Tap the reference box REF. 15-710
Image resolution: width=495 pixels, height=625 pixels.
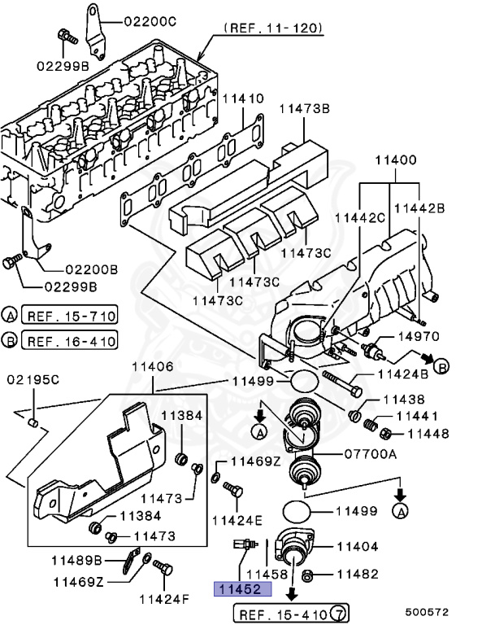tap(70, 316)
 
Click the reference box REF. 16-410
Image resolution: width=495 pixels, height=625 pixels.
tap(70, 340)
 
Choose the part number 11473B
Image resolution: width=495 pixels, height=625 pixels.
tap(305, 107)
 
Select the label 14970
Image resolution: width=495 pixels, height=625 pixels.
tap(418, 336)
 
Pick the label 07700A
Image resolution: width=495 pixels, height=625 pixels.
tap(370, 454)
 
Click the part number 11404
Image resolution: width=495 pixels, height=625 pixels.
tap(358, 546)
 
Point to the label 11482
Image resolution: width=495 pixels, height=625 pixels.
tap(358, 574)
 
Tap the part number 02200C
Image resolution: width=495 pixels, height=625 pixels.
tap(150, 22)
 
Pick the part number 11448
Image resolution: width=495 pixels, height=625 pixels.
tap(428, 434)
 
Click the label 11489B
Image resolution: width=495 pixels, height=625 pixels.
tap(77, 561)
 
